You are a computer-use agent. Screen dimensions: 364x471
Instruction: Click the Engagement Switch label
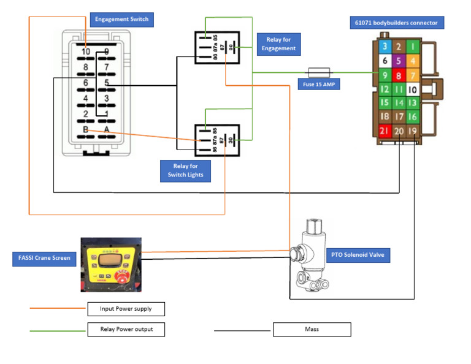click(121, 20)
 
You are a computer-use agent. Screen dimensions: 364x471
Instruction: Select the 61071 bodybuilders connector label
click(396, 23)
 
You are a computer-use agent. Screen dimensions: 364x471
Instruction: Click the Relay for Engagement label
click(278, 44)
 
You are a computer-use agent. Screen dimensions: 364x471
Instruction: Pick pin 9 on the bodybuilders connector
click(385, 75)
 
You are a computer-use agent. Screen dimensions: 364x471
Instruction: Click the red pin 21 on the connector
click(385, 131)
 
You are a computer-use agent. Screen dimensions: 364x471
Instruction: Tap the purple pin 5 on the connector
click(399, 61)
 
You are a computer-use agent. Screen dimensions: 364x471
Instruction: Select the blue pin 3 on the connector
click(385, 47)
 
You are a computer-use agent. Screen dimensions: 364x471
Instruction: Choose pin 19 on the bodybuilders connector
click(413, 131)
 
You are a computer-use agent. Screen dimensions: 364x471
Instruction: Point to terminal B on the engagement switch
click(85, 130)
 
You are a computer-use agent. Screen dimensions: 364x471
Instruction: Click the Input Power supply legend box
click(125, 309)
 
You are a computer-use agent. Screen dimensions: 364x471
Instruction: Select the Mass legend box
click(312, 330)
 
